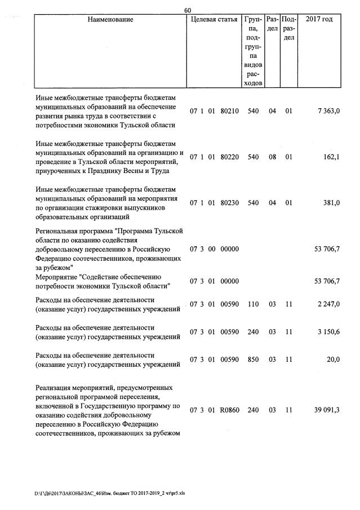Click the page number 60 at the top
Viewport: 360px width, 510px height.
point(188,10)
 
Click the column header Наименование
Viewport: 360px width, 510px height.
point(110,20)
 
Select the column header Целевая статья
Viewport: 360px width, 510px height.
point(214,20)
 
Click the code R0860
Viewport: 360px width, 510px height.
point(230,410)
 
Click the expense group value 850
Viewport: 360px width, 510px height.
point(253,360)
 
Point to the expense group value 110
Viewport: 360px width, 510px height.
point(253,304)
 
